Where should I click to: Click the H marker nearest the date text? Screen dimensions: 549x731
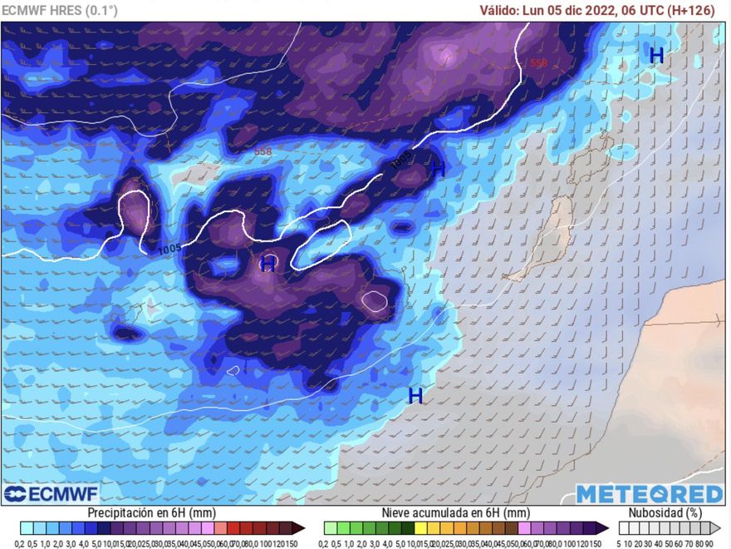click(x=656, y=55)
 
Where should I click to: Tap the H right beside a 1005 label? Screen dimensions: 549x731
click(x=439, y=169)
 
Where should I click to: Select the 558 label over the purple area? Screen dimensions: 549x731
click(x=538, y=63)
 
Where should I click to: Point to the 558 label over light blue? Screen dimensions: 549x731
click(x=263, y=151)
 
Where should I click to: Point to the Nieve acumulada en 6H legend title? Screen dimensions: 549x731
click(x=455, y=513)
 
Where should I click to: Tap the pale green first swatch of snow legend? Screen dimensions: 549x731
click(x=330, y=528)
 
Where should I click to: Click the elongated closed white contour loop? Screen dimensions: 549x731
click(x=321, y=245)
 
